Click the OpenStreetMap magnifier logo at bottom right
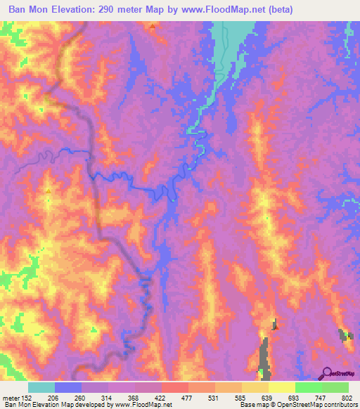326,372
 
